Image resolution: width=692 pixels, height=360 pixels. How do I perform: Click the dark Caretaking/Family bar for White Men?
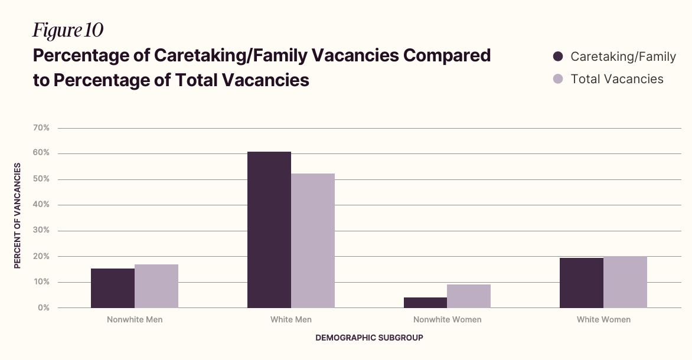(269, 230)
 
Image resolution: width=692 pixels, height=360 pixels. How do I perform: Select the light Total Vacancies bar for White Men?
(313, 240)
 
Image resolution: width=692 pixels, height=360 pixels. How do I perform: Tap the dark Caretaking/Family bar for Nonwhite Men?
(113, 288)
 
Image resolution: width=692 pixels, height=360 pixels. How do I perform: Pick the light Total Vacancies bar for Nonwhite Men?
(156, 286)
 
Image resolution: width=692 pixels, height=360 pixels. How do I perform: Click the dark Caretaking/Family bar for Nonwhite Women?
(425, 302)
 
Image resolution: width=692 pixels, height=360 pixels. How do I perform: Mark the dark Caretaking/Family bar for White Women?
(582, 283)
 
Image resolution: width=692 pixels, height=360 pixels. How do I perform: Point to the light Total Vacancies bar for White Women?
(625, 282)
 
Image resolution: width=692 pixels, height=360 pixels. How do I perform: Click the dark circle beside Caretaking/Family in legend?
(558, 57)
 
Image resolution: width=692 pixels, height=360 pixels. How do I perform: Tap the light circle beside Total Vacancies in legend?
(558, 78)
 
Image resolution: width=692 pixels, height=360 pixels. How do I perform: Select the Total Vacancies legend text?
(617, 78)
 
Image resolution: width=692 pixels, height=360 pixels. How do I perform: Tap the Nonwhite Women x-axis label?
(447, 320)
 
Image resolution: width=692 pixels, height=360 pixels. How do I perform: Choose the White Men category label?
(291, 320)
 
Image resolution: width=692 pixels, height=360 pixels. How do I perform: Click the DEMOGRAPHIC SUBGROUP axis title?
(369, 338)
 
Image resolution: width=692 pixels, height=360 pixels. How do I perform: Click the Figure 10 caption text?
(68, 30)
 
